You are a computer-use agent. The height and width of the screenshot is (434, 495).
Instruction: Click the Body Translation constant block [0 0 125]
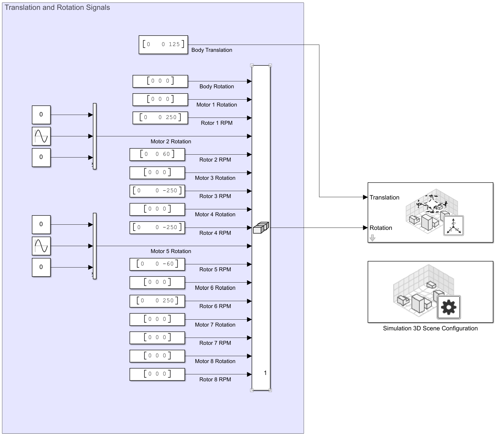point(163,45)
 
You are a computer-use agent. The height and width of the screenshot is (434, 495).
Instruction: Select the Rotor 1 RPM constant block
point(160,118)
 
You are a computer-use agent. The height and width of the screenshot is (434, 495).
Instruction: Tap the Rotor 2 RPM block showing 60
point(157,154)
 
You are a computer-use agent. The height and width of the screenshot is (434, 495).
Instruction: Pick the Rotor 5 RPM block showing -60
point(157,264)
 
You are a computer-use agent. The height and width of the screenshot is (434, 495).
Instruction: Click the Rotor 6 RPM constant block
point(157,301)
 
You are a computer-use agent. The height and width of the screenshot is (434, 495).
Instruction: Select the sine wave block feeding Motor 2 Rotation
point(41,136)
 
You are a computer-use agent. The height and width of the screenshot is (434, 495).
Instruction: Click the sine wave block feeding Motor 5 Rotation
point(41,246)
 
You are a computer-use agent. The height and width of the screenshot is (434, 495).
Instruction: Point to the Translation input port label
point(384,197)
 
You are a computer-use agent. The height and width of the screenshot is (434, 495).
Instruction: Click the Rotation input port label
point(381,228)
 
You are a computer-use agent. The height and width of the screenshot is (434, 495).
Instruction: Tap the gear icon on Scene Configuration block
point(448,307)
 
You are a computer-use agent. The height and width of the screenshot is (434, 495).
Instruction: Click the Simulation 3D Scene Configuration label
point(430,328)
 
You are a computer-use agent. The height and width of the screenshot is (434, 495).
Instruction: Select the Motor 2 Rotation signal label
point(171,142)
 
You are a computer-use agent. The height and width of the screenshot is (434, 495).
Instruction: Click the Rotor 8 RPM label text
point(215,380)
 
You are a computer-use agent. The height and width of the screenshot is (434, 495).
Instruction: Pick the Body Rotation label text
point(216,87)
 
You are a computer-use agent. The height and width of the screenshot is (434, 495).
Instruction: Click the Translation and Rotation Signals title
point(57,8)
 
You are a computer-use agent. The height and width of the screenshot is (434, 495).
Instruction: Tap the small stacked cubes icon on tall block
point(261,228)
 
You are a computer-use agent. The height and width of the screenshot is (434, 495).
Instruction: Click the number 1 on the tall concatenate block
point(265,373)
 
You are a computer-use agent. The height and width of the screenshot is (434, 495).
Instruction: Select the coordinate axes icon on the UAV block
point(454,226)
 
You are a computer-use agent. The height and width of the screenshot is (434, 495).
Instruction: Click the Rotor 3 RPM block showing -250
point(157,191)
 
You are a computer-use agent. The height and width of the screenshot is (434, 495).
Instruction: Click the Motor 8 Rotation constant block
point(157,356)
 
